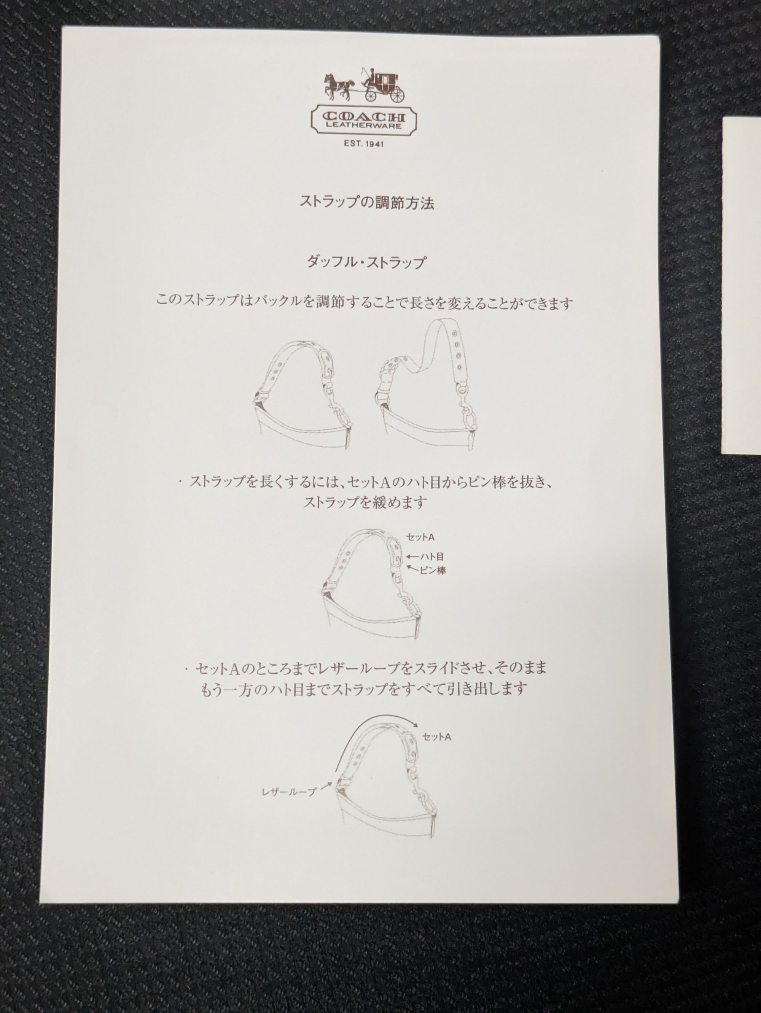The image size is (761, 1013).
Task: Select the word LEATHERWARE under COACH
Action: coord(364,126)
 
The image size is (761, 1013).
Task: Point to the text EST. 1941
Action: coord(364,144)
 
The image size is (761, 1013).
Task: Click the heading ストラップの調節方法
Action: coord(366,202)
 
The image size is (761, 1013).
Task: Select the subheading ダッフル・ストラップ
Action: coord(366,262)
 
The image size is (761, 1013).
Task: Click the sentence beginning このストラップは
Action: coord(365,303)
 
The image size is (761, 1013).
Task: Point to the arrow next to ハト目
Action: coord(413,557)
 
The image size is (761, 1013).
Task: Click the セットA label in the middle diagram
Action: coord(420,537)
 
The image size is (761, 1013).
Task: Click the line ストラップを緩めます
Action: coord(365,503)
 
